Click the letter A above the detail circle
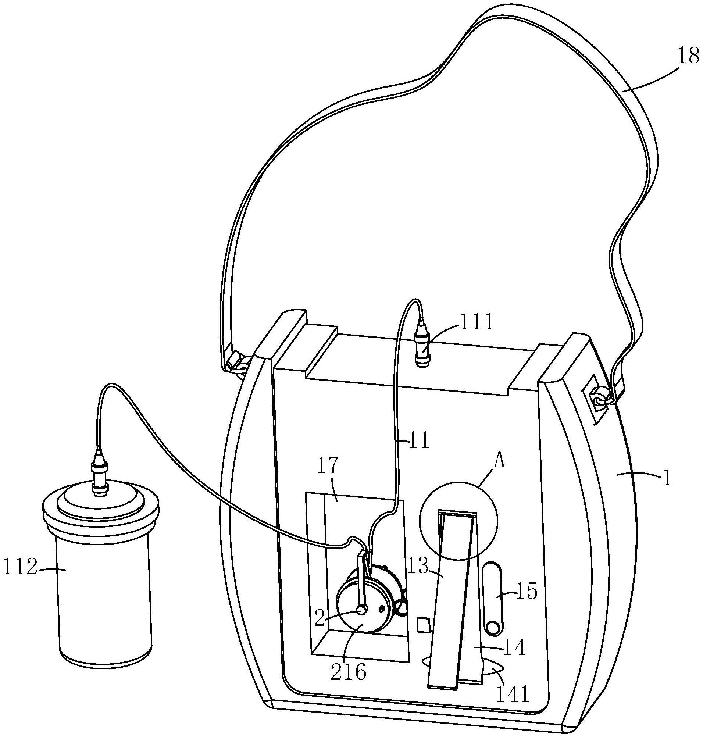coord(500,462)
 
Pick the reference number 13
coord(418,567)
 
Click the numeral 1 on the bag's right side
coord(667,480)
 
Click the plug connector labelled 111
coord(423,345)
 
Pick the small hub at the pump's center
coord(362,610)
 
